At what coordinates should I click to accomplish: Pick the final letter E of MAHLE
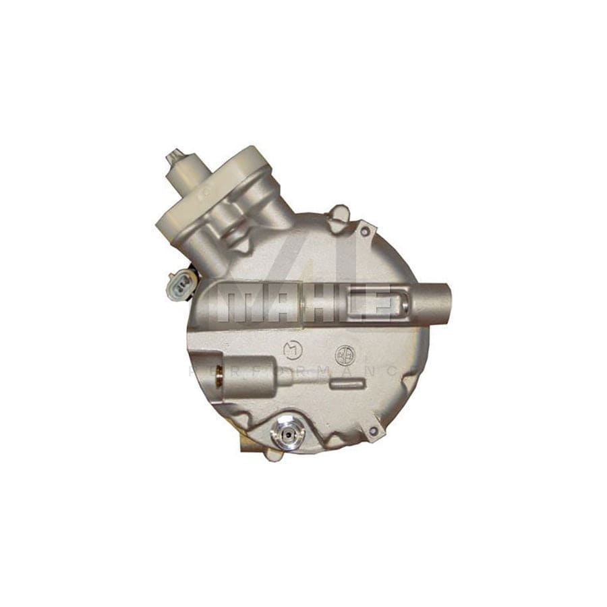[380, 306]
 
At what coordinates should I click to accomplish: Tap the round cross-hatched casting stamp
[343, 353]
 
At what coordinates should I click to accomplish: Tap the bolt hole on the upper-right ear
[365, 231]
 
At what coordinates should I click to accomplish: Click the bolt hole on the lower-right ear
[372, 430]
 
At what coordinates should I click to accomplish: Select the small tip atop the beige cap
[175, 157]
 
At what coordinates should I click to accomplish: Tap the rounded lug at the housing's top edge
[337, 214]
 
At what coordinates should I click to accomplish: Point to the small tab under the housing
[273, 454]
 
